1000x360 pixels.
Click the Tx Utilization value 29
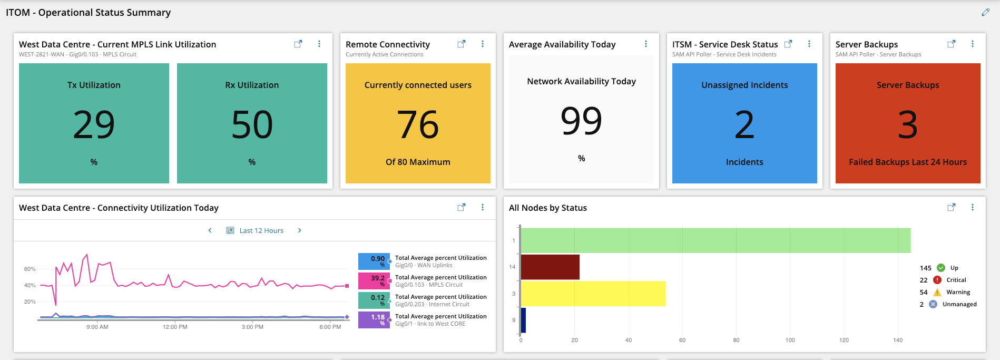(x=94, y=125)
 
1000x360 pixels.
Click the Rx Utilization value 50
(x=252, y=125)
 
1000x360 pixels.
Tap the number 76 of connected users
(x=418, y=125)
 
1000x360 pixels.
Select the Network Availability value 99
(x=581, y=121)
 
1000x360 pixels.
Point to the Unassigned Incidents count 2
(x=744, y=125)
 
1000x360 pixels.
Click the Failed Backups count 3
(x=908, y=125)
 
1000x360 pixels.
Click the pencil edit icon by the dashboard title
(x=985, y=12)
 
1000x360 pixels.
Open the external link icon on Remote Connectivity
(x=461, y=44)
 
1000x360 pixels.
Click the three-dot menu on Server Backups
(x=973, y=44)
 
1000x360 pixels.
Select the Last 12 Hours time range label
(x=261, y=230)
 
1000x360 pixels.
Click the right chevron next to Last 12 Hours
(x=300, y=230)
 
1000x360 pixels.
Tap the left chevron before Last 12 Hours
(x=210, y=230)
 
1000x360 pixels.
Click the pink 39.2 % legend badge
(x=374, y=281)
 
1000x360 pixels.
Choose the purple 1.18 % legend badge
(x=374, y=320)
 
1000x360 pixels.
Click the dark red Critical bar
(x=550, y=267)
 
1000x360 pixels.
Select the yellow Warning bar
(x=593, y=294)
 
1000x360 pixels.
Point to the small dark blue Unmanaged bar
(x=523, y=320)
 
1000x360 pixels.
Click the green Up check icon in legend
(x=941, y=268)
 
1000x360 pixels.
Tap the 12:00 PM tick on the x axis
(x=175, y=327)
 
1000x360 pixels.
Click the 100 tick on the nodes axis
(x=790, y=340)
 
